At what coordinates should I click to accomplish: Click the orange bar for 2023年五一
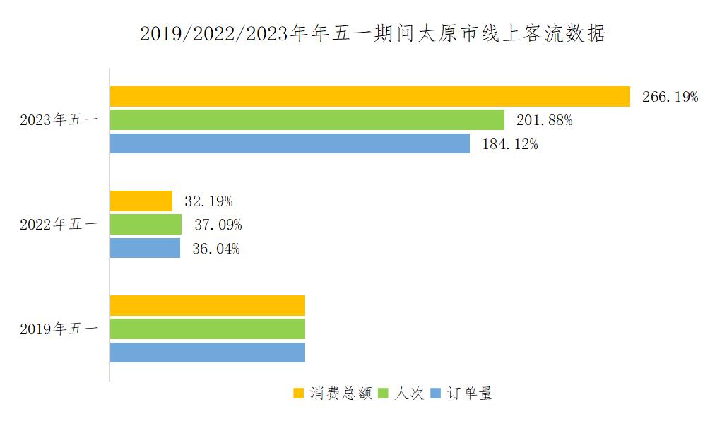click(x=369, y=96)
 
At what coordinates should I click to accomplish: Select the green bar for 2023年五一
click(x=307, y=120)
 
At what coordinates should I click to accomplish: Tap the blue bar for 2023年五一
click(x=290, y=143)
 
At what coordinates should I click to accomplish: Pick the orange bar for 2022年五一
click(x=141, y=201)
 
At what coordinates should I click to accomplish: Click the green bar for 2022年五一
click(x=146, y=225)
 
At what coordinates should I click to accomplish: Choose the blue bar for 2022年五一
click(x=145, y=248)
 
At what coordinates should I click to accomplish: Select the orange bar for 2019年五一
click(x=207, y=305)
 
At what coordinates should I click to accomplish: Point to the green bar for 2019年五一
click(x=207, y=329)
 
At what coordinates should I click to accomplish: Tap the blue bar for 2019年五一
click(x=207, y=353)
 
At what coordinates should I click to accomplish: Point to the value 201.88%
click(x=544, y=120)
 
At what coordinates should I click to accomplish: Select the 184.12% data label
click(x=509, y=144)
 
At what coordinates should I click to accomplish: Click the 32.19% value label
click(x=208, y=201)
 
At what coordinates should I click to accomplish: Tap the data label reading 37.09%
click(x=218, y=225)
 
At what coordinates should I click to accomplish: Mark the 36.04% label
click(x=216, y=249)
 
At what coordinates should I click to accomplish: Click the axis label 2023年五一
click(x=59, y=120)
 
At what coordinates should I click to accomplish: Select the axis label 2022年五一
click(x=59, y=225)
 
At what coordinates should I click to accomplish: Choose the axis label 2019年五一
click(x=59, y=329)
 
